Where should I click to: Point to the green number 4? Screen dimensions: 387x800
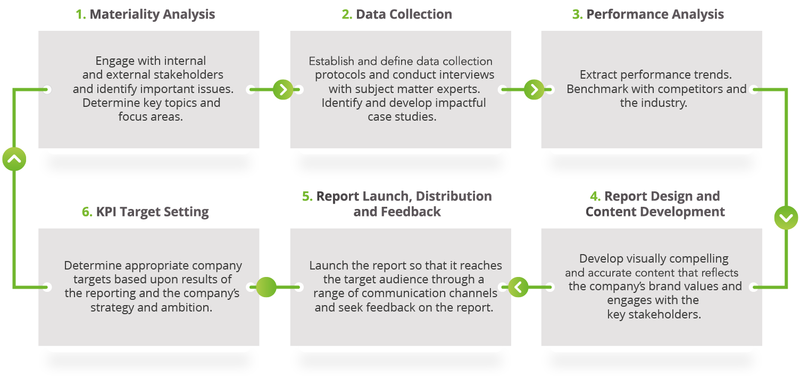pos(595,197)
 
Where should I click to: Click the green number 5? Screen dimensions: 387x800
pos(307,197)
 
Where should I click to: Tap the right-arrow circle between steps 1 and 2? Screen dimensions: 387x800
pos(283,90)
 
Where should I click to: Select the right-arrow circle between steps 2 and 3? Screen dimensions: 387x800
pos(534,90)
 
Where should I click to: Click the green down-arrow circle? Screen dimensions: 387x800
pos(786,217)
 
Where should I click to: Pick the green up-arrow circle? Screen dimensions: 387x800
pos(14,159)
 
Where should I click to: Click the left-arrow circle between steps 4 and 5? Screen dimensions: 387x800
pos(519,287)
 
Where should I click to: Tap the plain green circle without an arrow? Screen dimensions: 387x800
pos(266,287)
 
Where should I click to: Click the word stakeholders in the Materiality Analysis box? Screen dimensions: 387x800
pos(187,75)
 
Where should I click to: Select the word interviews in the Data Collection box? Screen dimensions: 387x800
pos(466,75)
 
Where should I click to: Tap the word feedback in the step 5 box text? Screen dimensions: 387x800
pos(406,307)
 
